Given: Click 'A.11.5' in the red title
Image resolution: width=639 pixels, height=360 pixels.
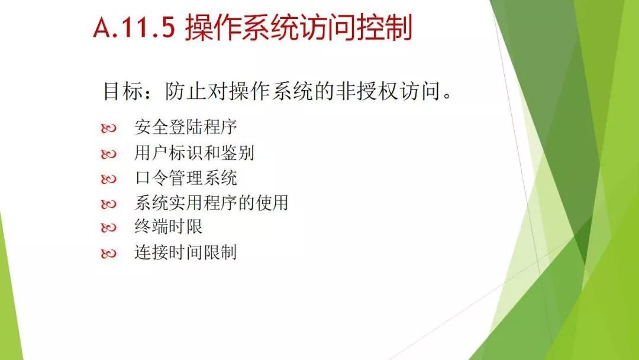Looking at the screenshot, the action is (x=134, y=27).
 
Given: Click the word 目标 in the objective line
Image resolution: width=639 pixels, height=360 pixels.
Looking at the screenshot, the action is (x=123, y=91).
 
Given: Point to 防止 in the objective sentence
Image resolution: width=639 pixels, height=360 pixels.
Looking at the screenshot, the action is (x=185, y=91).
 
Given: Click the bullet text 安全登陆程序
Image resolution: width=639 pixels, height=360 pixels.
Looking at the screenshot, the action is (x=186, y=127).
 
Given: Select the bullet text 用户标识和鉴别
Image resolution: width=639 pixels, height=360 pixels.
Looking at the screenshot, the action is (x=195, y=153).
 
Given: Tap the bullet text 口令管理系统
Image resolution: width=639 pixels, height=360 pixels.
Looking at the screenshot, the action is (x=186, y=178).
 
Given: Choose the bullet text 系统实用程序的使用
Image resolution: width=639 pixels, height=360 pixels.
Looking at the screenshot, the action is (x=211, y=202).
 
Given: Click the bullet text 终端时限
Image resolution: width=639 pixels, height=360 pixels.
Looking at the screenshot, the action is (x=168, y=227).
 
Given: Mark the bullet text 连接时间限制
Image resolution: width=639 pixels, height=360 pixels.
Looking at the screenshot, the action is (x=186, y=252).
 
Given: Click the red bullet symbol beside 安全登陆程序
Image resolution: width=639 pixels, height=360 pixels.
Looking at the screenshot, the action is (x=108, y=128).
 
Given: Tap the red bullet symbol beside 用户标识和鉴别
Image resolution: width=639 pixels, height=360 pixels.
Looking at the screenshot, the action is (x=108, y=154).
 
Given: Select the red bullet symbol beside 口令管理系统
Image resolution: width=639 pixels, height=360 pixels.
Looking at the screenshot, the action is (x=108, y=179).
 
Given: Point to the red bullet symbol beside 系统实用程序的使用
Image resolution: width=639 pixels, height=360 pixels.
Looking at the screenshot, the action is (x=108, y=204).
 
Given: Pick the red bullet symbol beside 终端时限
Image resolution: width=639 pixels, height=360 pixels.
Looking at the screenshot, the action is (x=108, y=228).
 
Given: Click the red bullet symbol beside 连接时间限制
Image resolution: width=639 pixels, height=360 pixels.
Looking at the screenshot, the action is (x=108, y=253).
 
